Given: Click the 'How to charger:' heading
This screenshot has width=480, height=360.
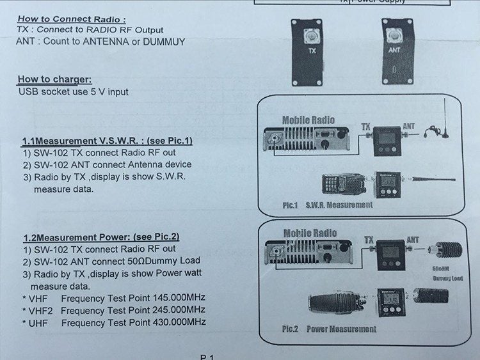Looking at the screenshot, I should pos(55,80).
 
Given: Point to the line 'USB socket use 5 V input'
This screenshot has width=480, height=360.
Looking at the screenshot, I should pos(74,91).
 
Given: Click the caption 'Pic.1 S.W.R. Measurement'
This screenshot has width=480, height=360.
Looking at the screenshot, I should pos(327,205).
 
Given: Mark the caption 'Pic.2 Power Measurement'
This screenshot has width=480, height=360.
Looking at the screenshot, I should pos(329,329).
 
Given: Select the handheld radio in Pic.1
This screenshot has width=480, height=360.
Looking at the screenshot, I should pos(339,185).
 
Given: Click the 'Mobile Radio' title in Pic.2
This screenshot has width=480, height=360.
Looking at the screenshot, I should pos(310,233).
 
